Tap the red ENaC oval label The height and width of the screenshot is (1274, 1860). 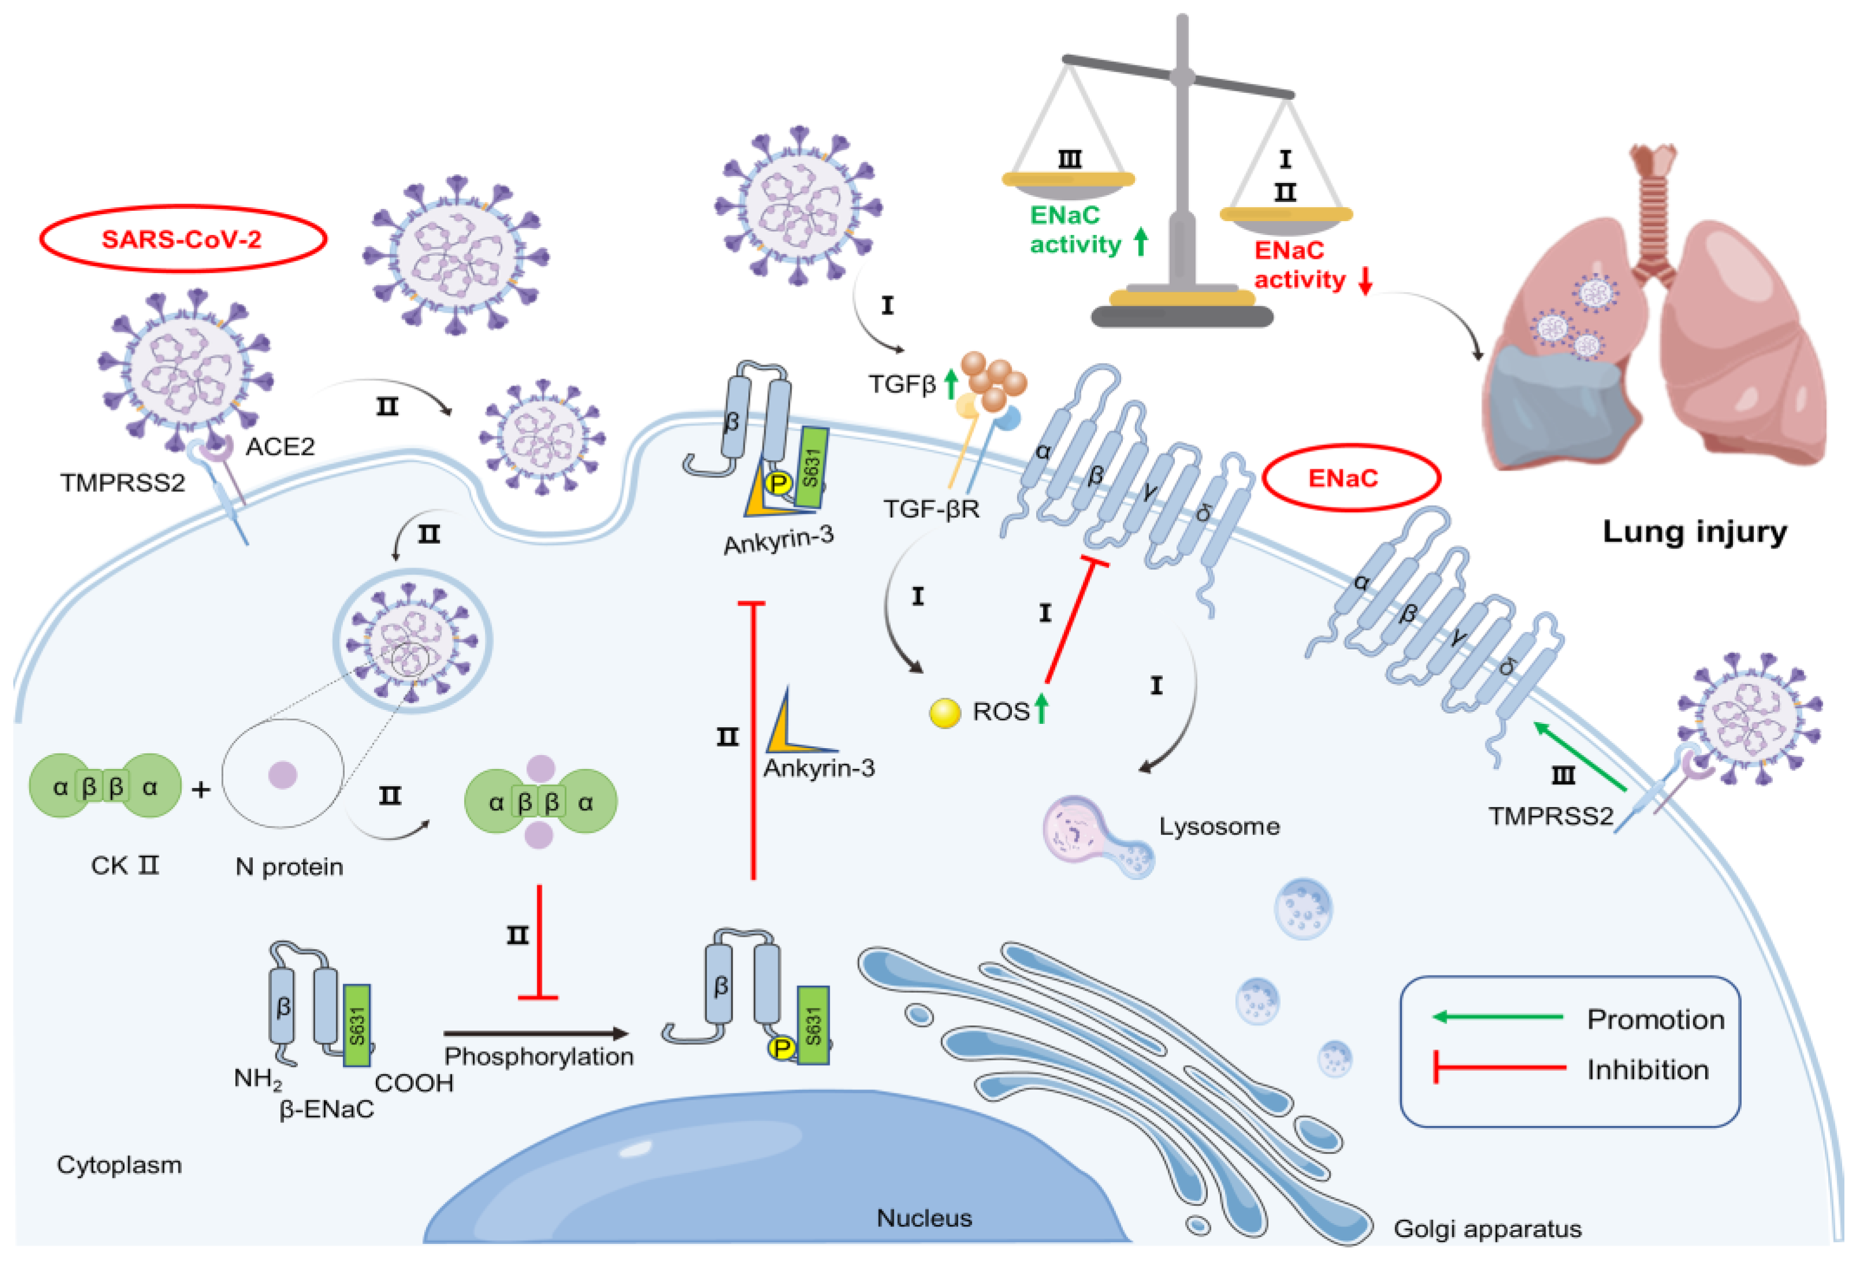(1350, 479)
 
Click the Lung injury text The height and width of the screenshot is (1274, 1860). (1694, 532)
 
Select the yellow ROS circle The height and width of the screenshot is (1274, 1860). (944, 713)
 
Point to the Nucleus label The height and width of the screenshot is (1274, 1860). (924, 1218)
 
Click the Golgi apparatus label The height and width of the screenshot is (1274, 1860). (1487, 1228)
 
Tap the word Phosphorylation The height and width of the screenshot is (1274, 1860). (539, 1056)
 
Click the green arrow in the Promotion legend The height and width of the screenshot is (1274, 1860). (1497, 1017)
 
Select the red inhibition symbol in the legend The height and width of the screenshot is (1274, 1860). (1497, 1067)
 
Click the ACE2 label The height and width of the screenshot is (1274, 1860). (280, 447)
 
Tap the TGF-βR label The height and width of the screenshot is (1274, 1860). (931, 509)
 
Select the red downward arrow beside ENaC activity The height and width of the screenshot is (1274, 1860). (1365, 280)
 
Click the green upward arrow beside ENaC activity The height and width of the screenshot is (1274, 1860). (1141, 242)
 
